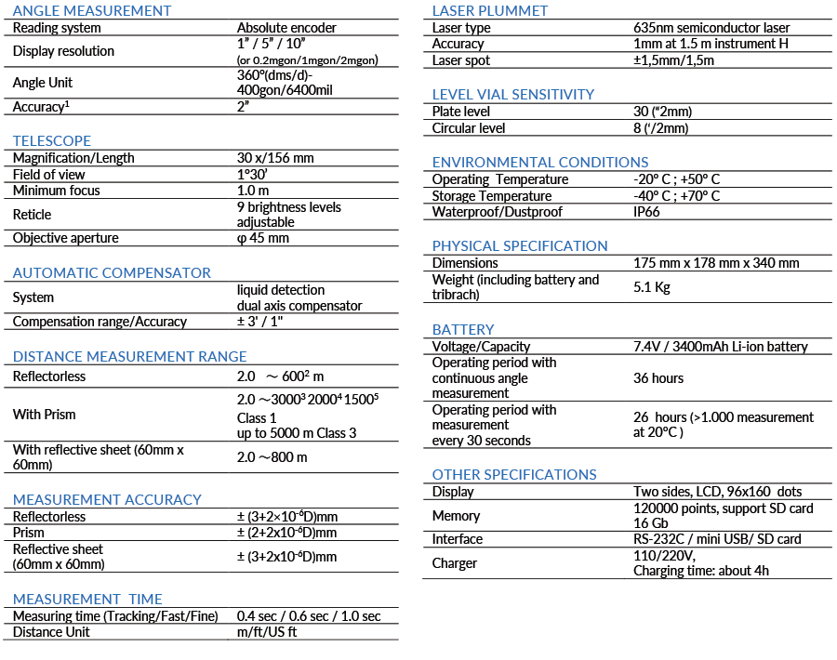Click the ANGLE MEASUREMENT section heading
tap(92, 11)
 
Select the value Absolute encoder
tap(286, 28)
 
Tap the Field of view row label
tap(49, 174)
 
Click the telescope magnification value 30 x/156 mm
tap(275, 158)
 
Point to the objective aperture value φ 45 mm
tap(263, 238)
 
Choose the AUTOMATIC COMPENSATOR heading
tap(112, 272)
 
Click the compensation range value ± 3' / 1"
tap(272, 322)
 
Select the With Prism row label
tap(45, 415)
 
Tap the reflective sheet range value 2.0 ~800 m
tap(272, 457)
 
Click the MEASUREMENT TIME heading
tap(87, 599)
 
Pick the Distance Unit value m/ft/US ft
tap(267, 632)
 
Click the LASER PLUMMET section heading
tap(490, 11)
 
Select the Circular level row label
tap(469, 128)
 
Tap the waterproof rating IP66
tap(647, 212)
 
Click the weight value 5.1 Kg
tap(652, 287)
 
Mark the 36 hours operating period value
tap(658, 378)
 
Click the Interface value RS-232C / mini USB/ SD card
tap(717, 539)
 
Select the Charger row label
tap(455, 563)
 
